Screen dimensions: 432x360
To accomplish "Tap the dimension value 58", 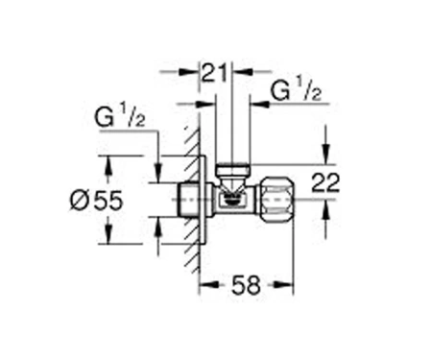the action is (246, 285).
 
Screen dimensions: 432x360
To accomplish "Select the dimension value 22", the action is (325, 182).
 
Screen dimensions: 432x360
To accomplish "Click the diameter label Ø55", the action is (96, 201).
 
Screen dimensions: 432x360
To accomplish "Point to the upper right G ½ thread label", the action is (296, 90).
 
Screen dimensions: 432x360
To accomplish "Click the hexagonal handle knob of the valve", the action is (276, 200).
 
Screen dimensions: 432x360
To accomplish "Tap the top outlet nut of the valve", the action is (232, 170).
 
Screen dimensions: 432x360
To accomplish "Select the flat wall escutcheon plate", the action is (203, 200).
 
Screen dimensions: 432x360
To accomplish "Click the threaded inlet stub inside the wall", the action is (188, 200).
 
